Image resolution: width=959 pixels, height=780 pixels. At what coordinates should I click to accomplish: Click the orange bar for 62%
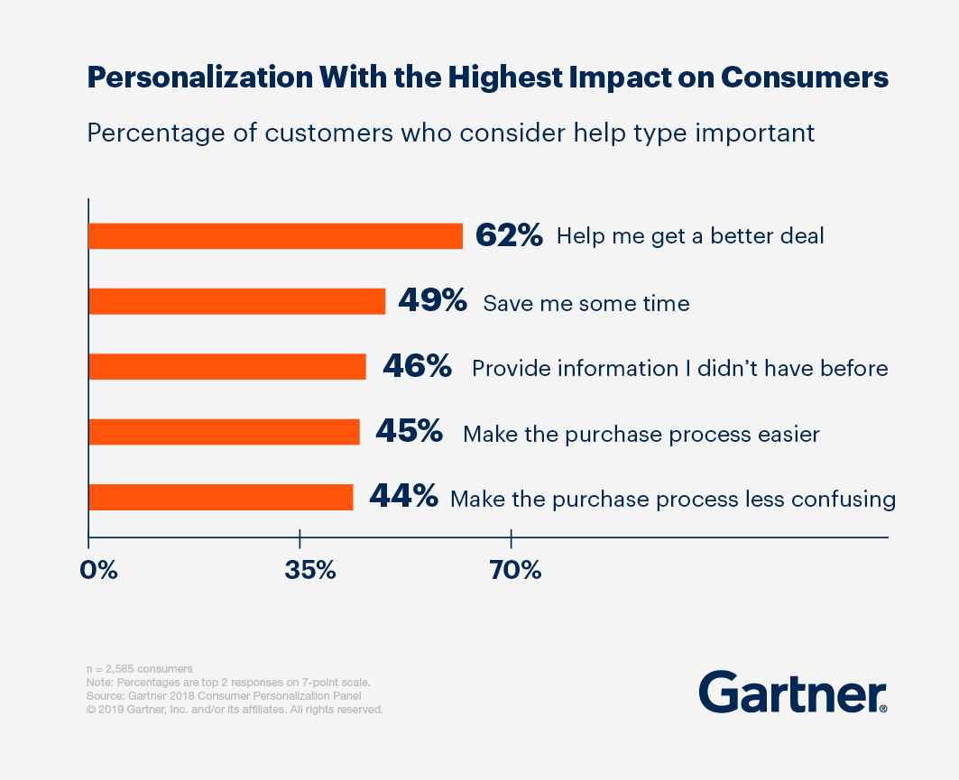coord(275,236)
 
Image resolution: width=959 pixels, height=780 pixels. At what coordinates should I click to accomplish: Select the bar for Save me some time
coord(236,302)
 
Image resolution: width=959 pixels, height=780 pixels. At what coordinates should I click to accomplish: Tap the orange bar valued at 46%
coord(227,367)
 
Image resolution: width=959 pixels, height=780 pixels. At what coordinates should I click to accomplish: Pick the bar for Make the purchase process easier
coord(224,433)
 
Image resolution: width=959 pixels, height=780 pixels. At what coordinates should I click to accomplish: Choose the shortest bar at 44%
coord(221,498)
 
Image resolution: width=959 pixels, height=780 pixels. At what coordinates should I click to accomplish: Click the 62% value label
coord(509,236)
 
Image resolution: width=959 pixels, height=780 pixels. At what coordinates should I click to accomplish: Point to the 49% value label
coord(432,302)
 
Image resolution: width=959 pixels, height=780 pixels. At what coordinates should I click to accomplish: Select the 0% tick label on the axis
coord(99,570)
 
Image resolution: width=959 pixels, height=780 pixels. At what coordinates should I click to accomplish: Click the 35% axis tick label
coord(309,570)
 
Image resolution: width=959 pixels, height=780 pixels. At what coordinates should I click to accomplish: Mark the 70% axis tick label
coord(516,570)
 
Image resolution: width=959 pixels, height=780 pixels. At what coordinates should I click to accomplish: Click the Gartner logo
coord(792,693)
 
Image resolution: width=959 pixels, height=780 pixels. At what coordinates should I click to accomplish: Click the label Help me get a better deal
coord(690,237)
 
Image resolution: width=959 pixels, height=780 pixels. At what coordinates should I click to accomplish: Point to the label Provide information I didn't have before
coord(679,369)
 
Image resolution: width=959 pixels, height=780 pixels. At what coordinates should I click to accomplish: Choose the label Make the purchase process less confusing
coord(672,500)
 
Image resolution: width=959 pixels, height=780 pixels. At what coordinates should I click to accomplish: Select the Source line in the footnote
coord(222,696)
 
